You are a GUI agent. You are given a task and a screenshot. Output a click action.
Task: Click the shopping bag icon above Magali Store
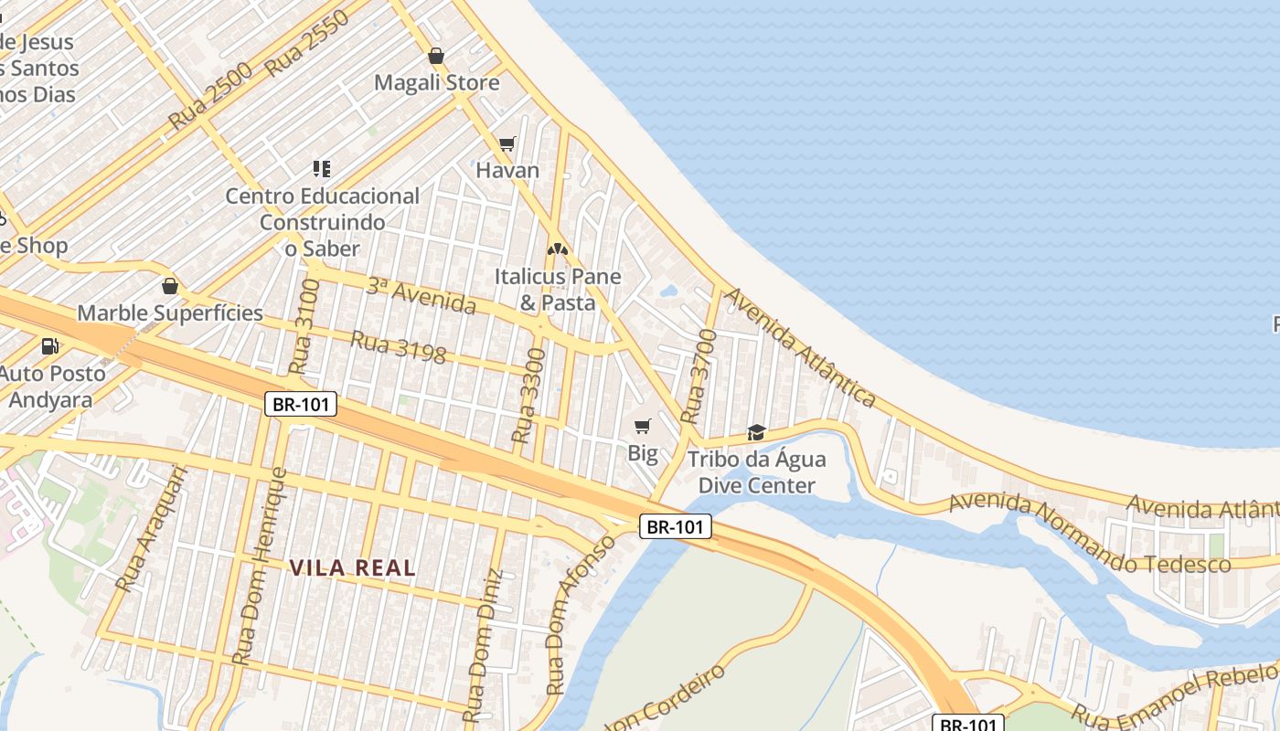436,56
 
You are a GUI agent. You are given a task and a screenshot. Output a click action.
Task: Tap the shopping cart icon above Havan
507,143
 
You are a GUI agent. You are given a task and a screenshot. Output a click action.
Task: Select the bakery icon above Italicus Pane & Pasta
558,249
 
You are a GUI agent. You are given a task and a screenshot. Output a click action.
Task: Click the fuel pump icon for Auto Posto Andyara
49,346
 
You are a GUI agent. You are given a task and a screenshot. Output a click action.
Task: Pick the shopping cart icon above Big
643,426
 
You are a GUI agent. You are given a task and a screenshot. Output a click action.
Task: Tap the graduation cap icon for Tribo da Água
756,432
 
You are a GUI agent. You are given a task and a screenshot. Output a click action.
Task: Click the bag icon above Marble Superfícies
169,287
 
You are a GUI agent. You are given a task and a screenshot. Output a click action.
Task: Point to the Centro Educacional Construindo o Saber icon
321,168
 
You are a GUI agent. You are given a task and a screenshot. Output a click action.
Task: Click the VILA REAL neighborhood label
353,567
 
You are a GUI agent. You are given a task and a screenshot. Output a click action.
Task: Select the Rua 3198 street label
399,346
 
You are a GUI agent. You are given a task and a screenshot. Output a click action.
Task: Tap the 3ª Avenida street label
421,295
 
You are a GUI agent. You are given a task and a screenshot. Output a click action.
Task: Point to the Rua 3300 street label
529,395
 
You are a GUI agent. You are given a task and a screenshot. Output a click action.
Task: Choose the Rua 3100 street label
305,326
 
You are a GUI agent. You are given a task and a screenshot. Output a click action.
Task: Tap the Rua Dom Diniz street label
482,646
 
